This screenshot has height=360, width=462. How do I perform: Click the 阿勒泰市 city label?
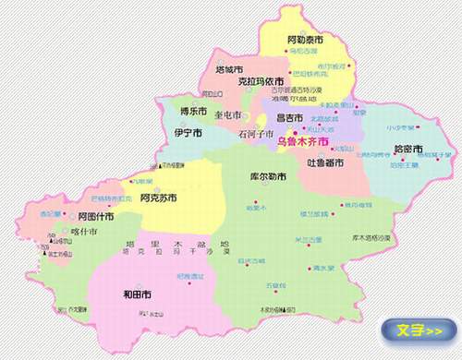[x=304, y=42]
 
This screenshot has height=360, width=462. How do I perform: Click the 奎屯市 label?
[x=225, y=115]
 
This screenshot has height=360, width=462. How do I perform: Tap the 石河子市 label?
[x=256, y=134]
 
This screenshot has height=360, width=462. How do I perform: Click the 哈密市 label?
[x=407, y=149]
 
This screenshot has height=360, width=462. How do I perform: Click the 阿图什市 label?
[x=96, y=217]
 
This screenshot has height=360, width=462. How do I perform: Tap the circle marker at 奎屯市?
[x=245, y=116]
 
